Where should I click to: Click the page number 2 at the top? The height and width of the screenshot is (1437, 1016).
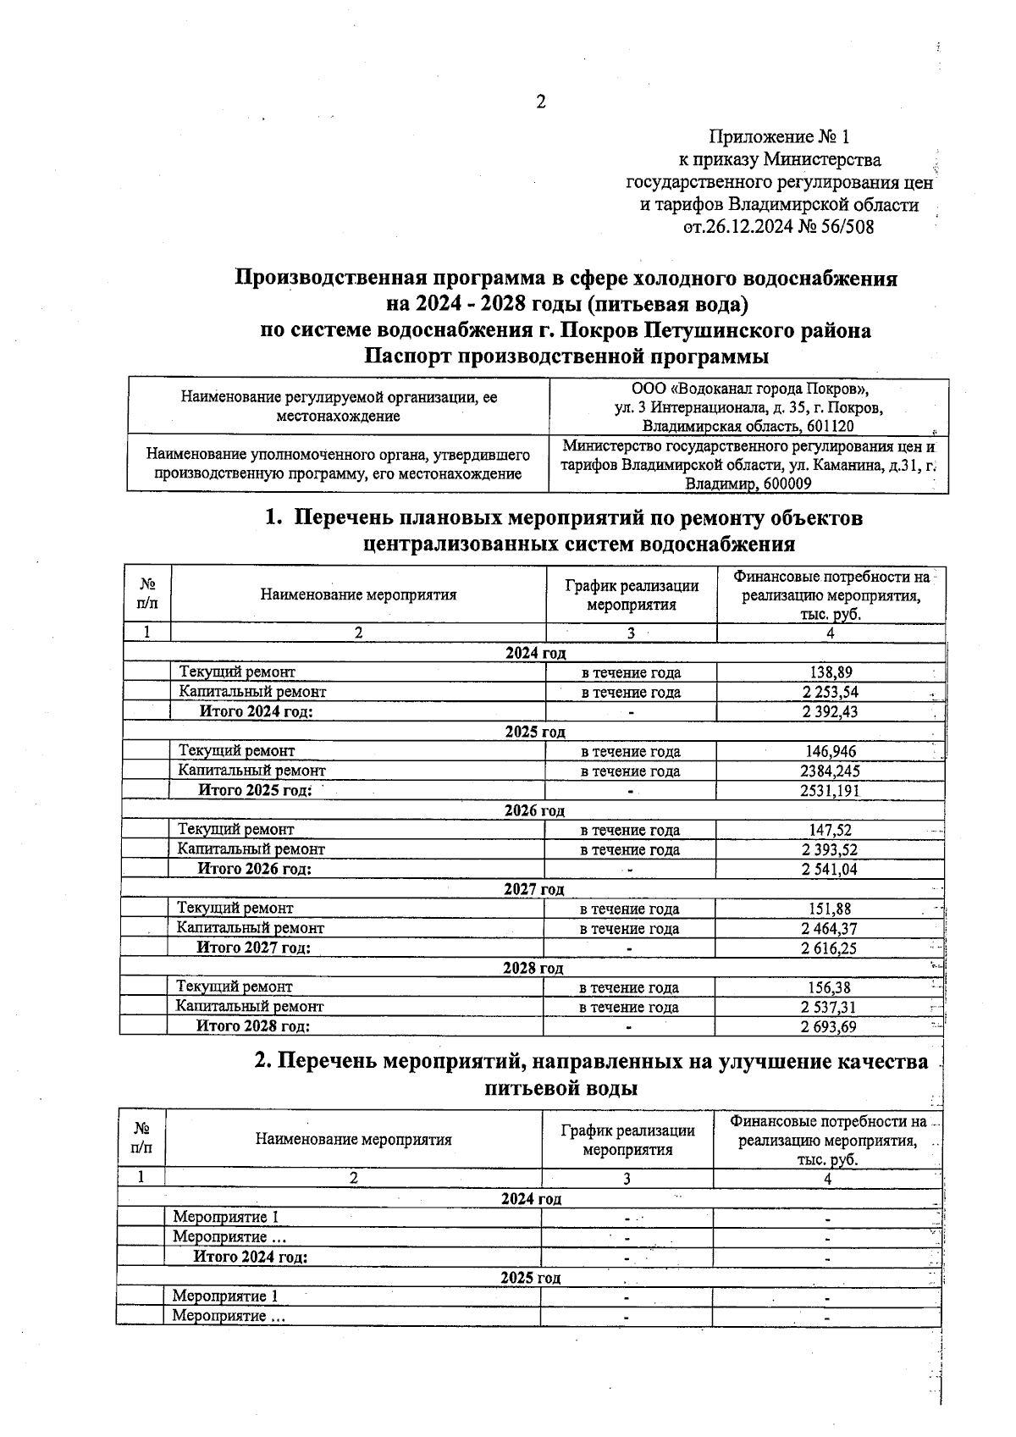tap(541, 102)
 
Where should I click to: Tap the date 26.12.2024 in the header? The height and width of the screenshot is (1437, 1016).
tap(748, 227)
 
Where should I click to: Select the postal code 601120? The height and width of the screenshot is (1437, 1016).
tap(831, 426)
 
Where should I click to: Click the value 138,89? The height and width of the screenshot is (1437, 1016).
tap(830, 672)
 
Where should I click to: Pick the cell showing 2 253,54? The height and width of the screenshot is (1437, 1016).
tap(830, 692)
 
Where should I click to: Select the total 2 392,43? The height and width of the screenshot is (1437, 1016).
tap(830, 711)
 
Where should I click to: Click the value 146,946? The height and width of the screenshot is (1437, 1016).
tap(830, 751)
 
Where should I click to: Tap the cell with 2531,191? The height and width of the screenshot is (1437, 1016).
tap(830, 790)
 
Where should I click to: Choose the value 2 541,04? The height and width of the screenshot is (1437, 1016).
tap(830, 869)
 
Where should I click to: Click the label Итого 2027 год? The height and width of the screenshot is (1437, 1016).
tap(253, 948)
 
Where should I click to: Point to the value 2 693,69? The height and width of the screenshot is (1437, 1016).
tap(828, 1026)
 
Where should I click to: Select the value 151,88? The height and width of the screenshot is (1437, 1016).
tap(829, 909)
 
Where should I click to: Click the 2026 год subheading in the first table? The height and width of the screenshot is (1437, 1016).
tap(534, 810)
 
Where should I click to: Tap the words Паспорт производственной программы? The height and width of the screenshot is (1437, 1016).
tap(566, 356)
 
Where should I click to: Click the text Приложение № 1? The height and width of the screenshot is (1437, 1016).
tap(778, 137)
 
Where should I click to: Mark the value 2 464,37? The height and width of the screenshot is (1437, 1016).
tap(829, 928)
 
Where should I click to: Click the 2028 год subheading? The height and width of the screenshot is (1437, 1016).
tap(533, 968)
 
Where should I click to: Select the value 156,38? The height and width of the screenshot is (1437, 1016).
tap(829, 987)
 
